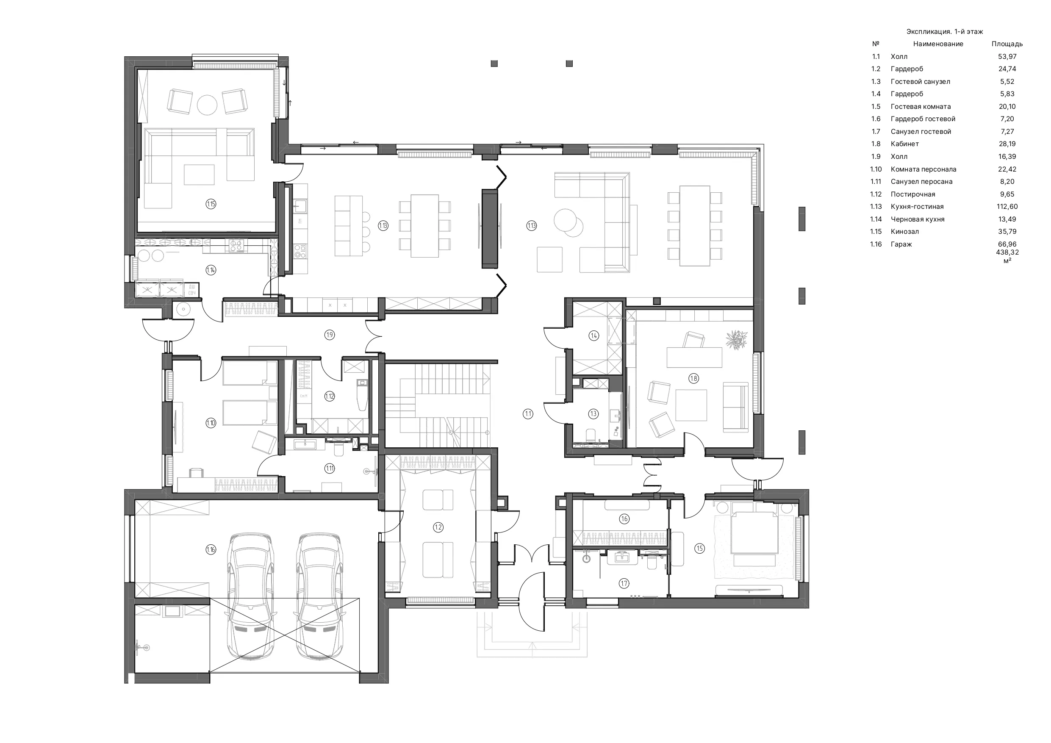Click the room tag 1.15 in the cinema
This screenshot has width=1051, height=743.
[x=211, y=204]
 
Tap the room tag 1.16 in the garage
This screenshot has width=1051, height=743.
[x=211, y=550]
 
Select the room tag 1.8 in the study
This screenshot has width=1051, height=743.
[x=693, y=378]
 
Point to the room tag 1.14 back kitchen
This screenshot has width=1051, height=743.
[x=211, y=270]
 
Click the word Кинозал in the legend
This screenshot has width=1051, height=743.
[x=904, y=232]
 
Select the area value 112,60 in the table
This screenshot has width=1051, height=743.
[x=1007, y=206]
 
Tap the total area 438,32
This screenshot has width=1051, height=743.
[x=1007, y=252]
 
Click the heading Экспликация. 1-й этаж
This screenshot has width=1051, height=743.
[x=945, y=32]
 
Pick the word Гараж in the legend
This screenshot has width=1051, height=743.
[x=901, y=244]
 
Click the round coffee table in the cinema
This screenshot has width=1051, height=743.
[x=207, y=105]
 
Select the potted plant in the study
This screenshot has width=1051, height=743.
[x=736, y=340]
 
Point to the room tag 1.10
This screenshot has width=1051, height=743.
[x=211, y=423]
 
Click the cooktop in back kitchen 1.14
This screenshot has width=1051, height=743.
[x=237, y=246]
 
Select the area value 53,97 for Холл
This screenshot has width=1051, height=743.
[x=1007, y=57]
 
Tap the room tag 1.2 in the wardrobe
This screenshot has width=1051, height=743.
[x=438, y=527]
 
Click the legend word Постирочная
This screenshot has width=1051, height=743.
[x=913, y=194]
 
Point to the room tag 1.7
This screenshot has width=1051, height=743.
[x=624, y=583]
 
